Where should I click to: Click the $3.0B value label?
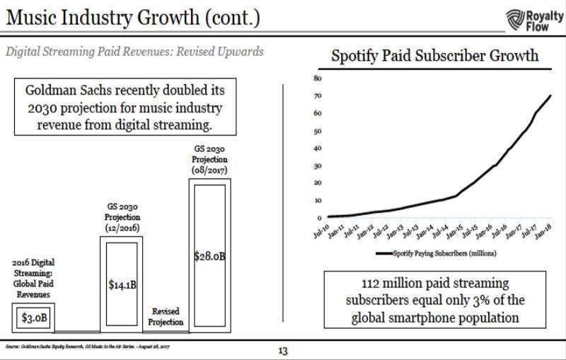pyautogui.click(x=34, y=317)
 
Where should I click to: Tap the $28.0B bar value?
pyautogui.click(x=209, y=255)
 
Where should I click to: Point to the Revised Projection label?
pyautogui.click(x=164, y=316)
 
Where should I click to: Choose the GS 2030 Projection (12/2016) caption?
pyautogui.click(x=122, y=216)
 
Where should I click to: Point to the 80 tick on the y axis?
pyautogui.click(x=318, y=78)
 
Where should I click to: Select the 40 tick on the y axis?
pyautogui.click(x=318, y=148)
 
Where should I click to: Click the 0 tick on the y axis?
pyautogui.click(x=319, y=218)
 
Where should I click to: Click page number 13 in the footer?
pyautogui.click(x=283, y=350)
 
